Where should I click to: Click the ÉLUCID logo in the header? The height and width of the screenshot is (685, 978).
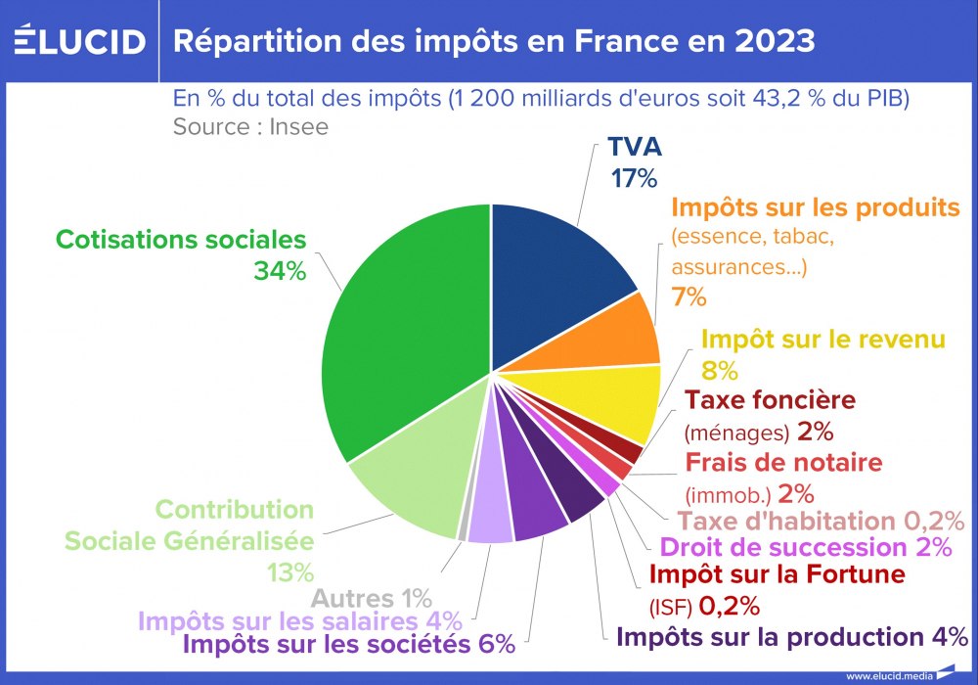tap(80, 41)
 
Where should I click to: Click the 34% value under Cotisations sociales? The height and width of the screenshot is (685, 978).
tap(280, 272)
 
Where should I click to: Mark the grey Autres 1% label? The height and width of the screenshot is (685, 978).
tap(372, 597)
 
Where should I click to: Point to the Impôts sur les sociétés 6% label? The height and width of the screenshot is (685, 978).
tap(349, 644)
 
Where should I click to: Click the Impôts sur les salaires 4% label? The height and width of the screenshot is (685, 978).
tap(299, 620)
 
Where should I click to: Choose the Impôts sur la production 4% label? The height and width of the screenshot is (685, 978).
tap(792, 636)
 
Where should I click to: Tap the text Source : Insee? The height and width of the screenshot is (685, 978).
tap(250, 126)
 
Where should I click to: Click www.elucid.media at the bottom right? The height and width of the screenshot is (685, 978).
tap(889, 675)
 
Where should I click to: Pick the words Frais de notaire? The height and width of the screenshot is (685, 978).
tap(783, 462)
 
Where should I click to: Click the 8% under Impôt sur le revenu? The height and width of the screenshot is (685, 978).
tap(720, 371)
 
